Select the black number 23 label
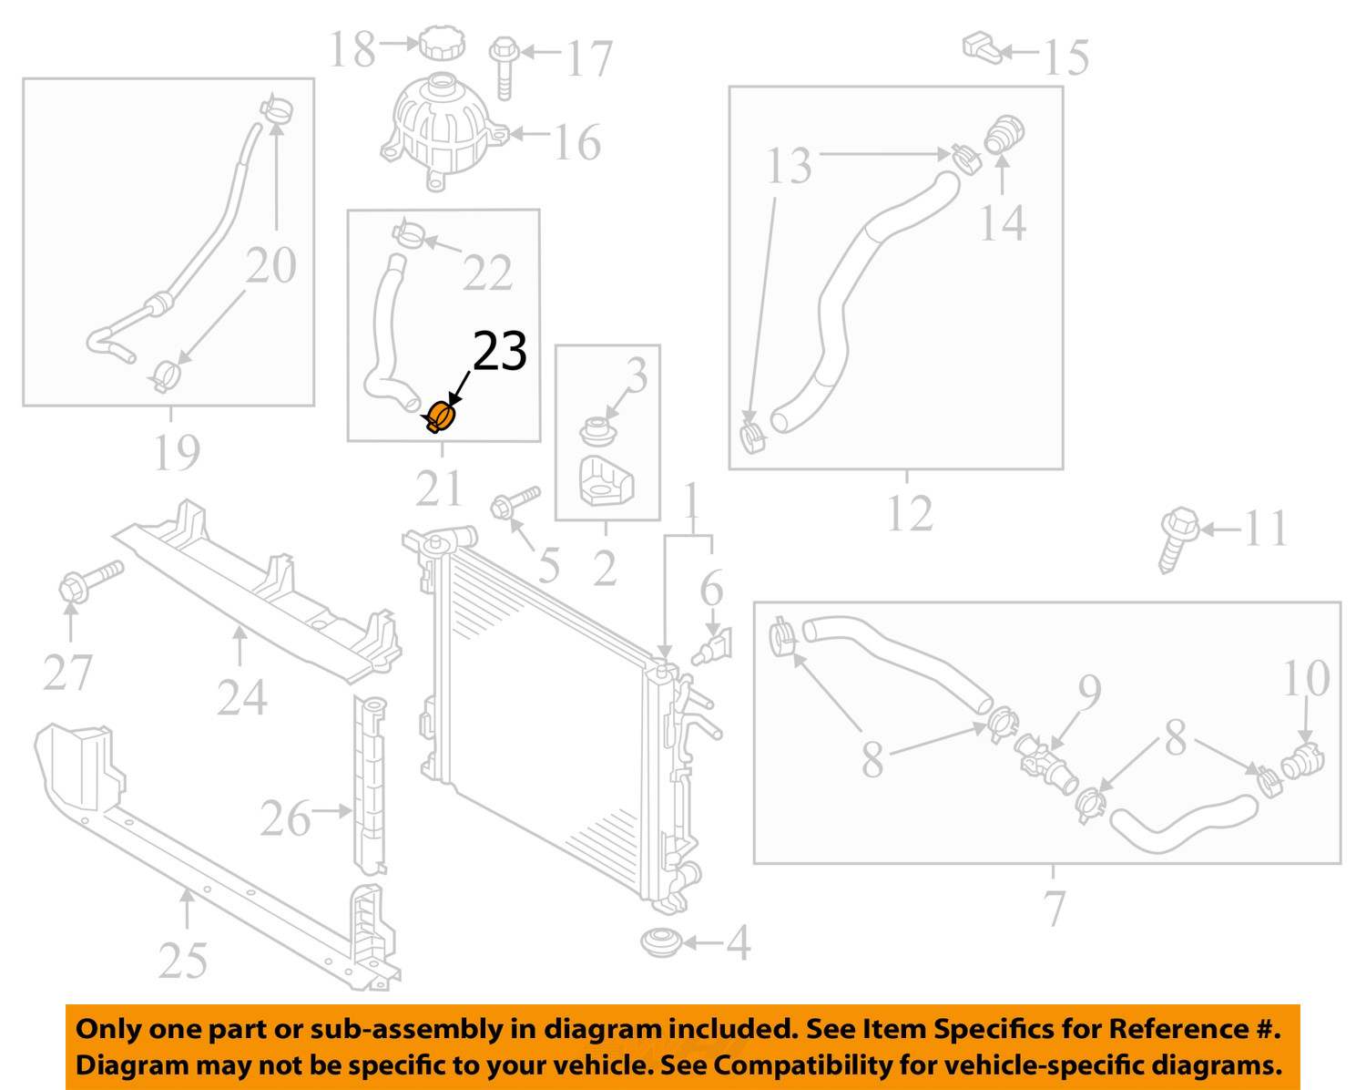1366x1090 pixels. (x=500, y=351)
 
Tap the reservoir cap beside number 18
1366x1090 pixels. (x=442, y=43)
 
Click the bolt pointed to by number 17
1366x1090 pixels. (x=505, y=68)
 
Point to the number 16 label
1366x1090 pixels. (x=577, y=142)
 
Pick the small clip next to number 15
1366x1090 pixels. (x=982, y=48)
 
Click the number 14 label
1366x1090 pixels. (x=1003, y=223)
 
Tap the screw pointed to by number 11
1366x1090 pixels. (x=1178, y=540)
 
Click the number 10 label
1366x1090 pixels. (x=1306, y=678)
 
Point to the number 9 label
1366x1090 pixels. (x=1090, y=693)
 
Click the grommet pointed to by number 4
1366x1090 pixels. (x=660, y=943)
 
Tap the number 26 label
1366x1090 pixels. (x=285, y=818)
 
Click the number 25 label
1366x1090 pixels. (x=183, y=961)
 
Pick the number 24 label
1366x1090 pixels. (x=242, y=697)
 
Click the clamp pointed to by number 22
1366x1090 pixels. (x=409, y=233)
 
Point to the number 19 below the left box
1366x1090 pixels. (x=177, y=452)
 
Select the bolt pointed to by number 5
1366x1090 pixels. (x=515, y=502)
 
